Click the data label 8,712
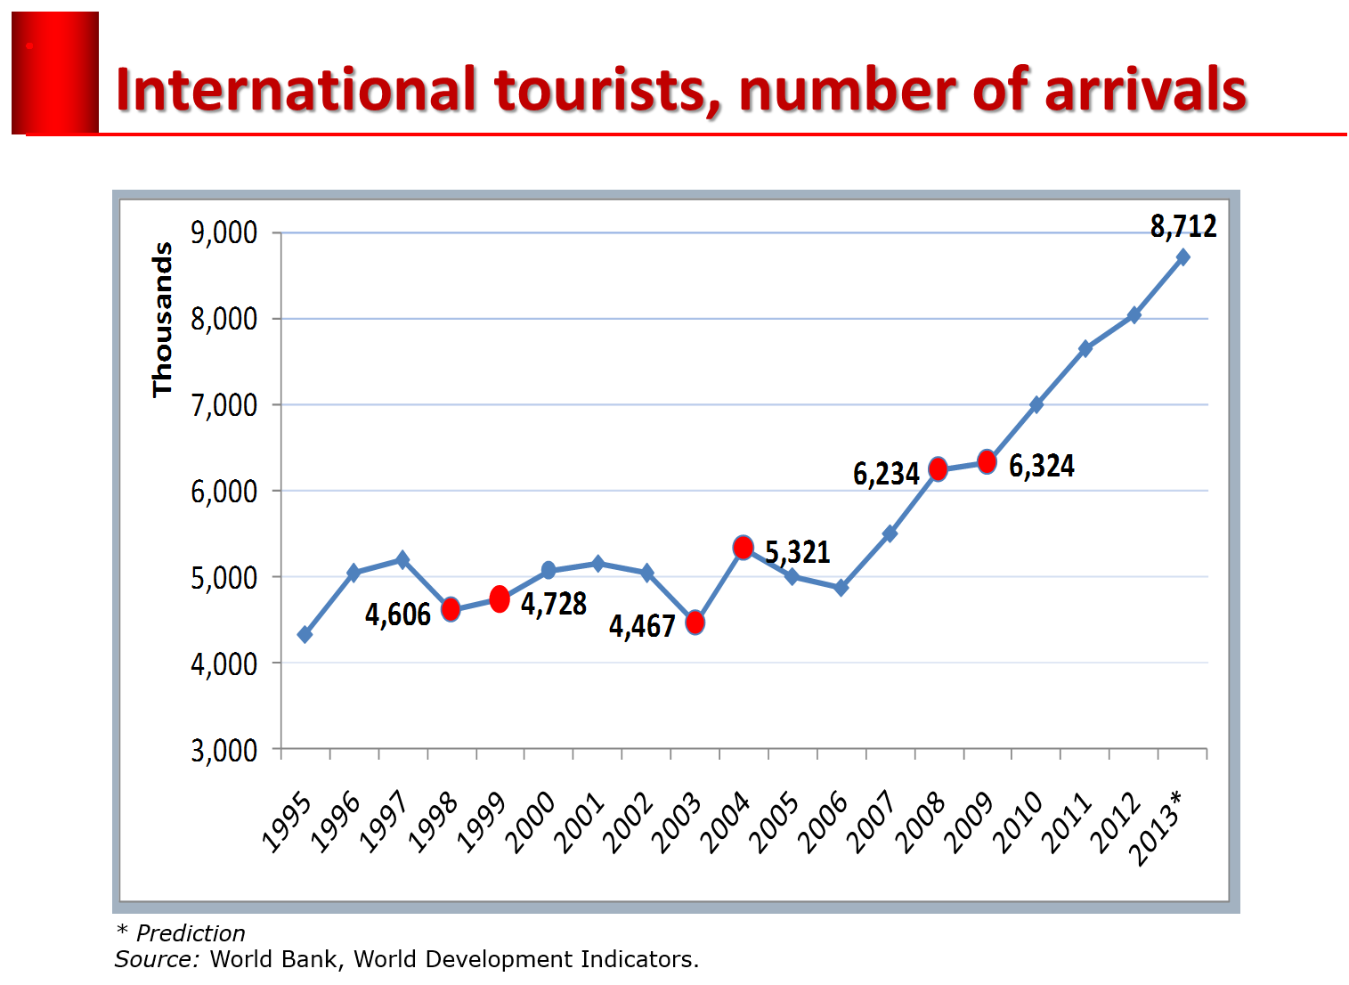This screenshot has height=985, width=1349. point(1182,227)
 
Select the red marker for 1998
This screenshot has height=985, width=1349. point(451,609)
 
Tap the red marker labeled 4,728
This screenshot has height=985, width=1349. point(500,599)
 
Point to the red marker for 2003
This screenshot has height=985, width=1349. point(695,622)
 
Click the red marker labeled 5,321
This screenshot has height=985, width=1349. point(744,548)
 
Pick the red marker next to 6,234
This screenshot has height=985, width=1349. point(938,469)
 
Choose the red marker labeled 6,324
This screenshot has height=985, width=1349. point(987,461)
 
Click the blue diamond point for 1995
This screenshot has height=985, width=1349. point(305,634)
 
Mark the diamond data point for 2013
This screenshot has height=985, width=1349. point(1182,257)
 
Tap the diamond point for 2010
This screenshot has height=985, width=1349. point(1036,404)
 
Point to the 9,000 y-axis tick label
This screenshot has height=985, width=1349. point(223,233)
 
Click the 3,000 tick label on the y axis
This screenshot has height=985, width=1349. point(223,750)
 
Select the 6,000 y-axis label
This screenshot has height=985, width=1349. point(223,492)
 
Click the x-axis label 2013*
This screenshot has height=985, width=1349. point(1156,827)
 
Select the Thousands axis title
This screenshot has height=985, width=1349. point(162,320)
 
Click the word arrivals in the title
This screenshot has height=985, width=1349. point(1145,91)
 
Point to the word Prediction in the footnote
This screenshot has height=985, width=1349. point(191,933)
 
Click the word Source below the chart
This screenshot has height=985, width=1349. point(155,959)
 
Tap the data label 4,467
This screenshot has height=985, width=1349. point(642,626)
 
